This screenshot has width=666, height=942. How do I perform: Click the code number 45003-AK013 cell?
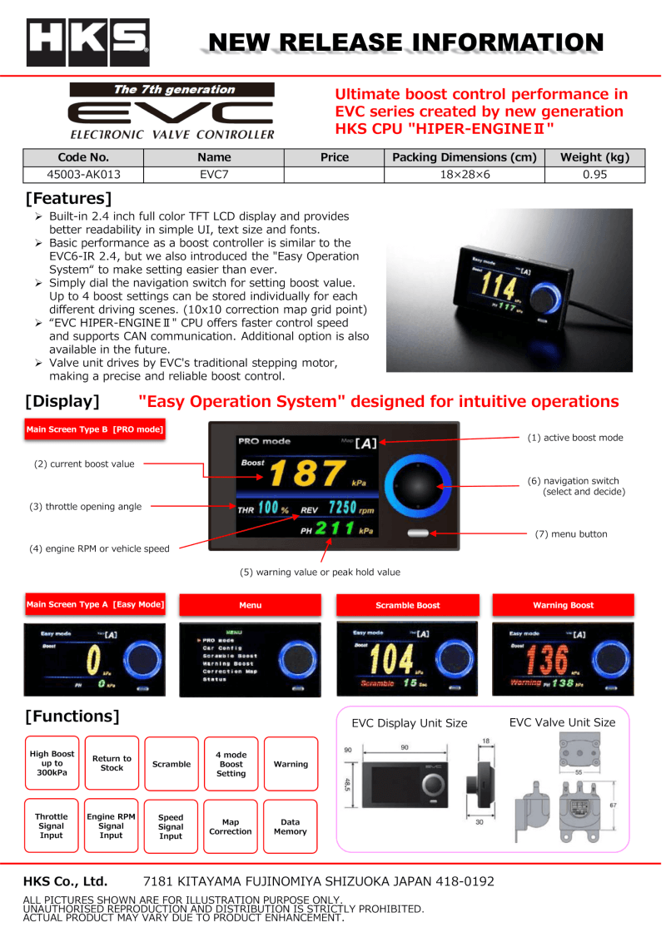click(x=83, y=175)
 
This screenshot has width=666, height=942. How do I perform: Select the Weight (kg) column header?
click(x=594, y=157)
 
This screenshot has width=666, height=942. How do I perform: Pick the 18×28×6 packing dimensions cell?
click(x=464, y=175)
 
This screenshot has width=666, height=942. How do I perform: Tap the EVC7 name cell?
click(x=214, y=175)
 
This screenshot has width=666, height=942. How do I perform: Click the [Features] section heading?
click(x=68, y=199)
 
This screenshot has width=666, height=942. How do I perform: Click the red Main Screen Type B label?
click(x=95, y=430)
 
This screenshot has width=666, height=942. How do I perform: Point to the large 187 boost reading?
click(x=305, y=473)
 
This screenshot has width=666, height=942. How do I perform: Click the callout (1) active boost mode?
click(x=574, y=438)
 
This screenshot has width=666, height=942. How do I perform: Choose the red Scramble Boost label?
click(x=407, y=605)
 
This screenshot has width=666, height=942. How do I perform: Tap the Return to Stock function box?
click(x=112, y=764)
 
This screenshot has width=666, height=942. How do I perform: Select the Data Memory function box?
click(x=291, y=826)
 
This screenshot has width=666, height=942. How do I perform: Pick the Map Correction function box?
click(x=231, y=826)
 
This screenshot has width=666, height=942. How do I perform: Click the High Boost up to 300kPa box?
click(x=52, y=764)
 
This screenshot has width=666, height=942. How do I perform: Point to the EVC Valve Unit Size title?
click(x=562, y=722)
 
